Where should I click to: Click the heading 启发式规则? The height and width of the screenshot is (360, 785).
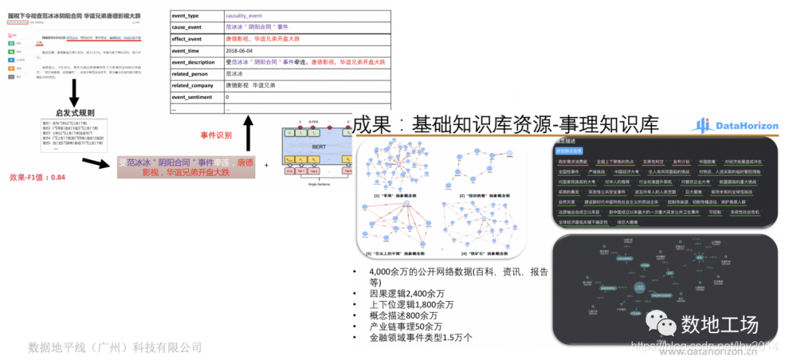coord(74,113)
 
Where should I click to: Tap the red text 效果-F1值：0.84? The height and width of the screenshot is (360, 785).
coord(37,177)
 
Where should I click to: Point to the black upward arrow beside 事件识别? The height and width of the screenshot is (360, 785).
coord(248,133)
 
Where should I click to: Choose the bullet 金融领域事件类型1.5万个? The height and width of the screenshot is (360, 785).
coord(421,337)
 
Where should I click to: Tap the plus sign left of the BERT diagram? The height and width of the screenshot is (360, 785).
coord(266,165)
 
